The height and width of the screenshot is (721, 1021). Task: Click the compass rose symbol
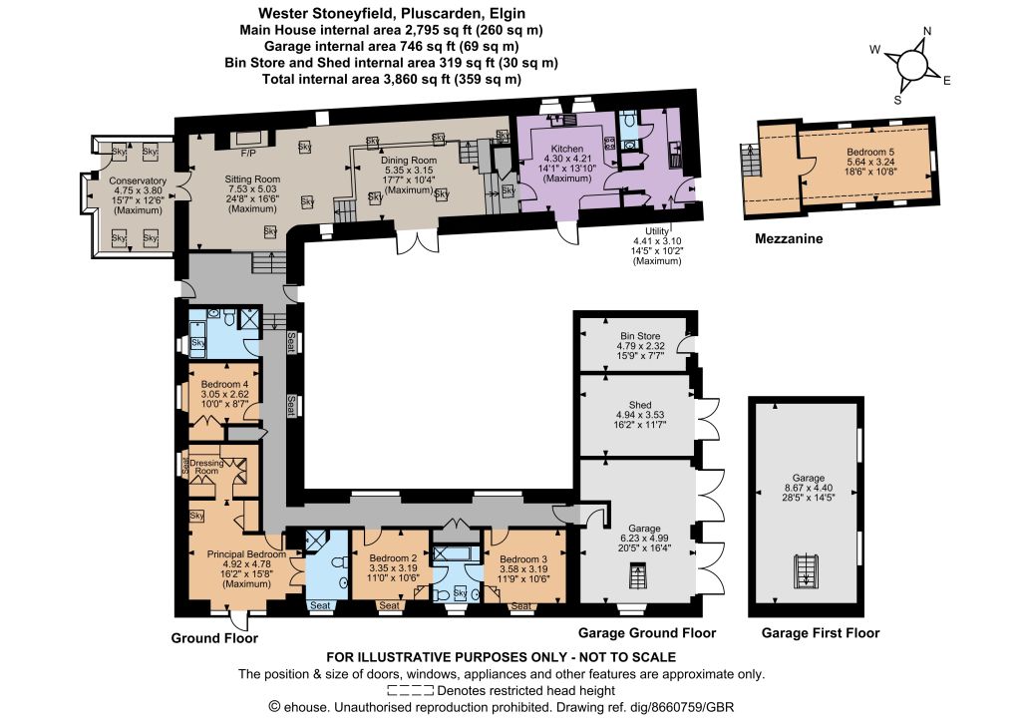[912, 65]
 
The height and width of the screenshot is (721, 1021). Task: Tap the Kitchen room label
[565, 149]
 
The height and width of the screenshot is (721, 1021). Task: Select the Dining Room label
[409, 161]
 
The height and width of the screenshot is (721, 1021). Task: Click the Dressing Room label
[206, 465]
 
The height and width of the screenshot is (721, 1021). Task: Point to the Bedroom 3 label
[524, 559]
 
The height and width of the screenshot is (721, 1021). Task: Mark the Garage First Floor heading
[821, 632]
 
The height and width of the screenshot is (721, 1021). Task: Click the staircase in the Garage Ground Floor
[636, 575]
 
